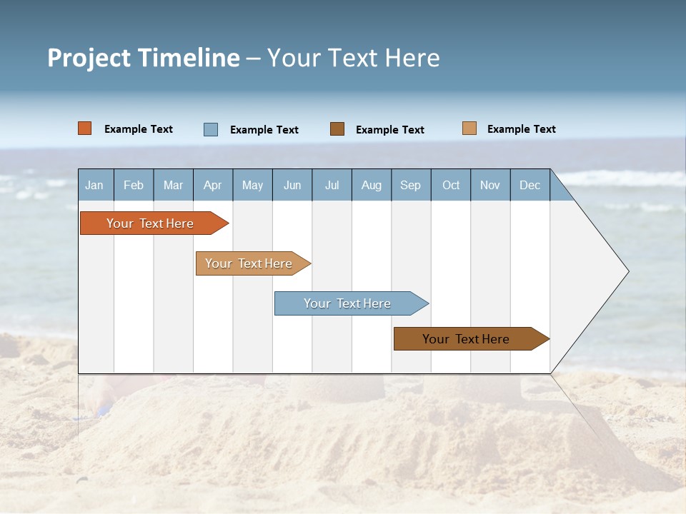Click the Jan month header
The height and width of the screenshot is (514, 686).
tap(94, 185)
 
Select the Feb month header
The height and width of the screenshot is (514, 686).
tap(134, 185)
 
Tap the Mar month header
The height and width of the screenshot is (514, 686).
tap(173, 185)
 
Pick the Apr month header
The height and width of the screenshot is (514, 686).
tap(212, 185)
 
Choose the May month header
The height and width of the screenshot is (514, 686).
tap(252, 185)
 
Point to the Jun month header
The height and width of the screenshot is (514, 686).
tap(292, 185)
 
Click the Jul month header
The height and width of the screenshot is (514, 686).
tap(332, 185)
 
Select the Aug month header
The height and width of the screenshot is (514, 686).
tap(371, 185)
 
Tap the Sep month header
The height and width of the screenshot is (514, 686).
tap(410, 185)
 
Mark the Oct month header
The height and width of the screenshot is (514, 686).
tap(451, 185)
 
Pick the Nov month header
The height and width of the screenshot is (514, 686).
tap(490, 185)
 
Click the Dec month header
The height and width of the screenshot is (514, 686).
tap(530, 185)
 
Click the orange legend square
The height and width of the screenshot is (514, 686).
tap(85, 128)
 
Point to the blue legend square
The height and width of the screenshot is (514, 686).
tap(211, 129)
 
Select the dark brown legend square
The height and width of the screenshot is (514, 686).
tap(337, 128)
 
